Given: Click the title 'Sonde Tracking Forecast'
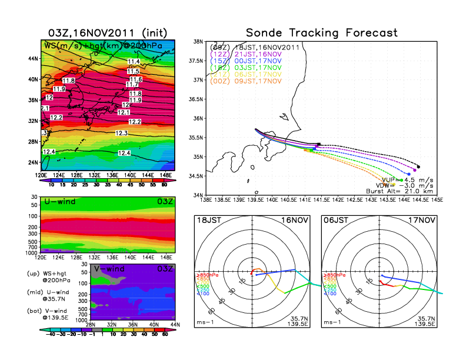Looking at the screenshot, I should [x=322, y=32].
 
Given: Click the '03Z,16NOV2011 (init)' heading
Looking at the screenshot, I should [x=109, y=32].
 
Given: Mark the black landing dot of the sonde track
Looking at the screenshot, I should [x=418, y=166].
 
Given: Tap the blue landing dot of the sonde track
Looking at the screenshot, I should [x=409, y=174].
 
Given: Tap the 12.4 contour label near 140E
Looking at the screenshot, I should [x=124, y=153].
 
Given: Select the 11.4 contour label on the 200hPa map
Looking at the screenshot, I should [x=134, y=62].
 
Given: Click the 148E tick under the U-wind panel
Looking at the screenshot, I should [x=167, y=257].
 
